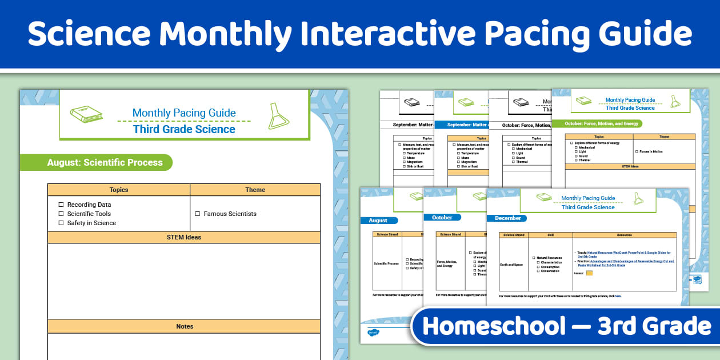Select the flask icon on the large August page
[278, 115]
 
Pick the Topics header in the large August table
[119, 190]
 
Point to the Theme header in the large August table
[255, 190]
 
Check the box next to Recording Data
[61, 205]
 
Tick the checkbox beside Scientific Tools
[61, 214]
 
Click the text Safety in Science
[91, 223]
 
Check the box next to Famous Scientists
[198, 214]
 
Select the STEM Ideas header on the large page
[183, 237]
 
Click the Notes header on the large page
[184, 326]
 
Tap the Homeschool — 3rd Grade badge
[566, 326]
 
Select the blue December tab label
[507, 218]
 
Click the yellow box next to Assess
[589, 273]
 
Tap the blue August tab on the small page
[378, 221]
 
